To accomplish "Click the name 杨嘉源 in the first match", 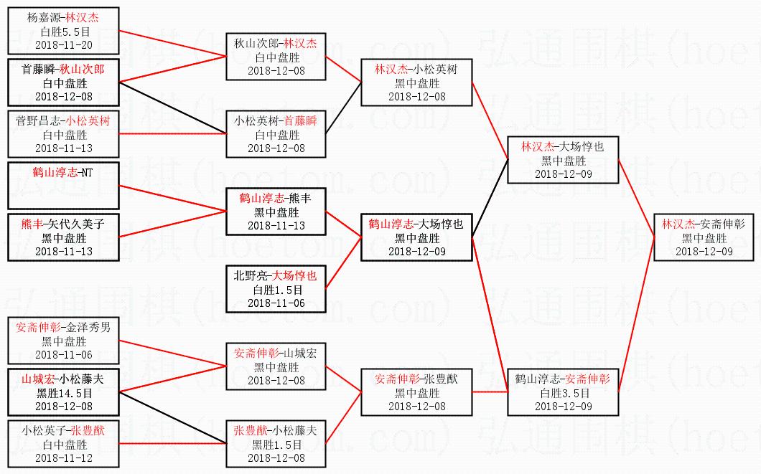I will (x=44, y=18).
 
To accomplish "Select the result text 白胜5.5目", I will (x=64, y=32).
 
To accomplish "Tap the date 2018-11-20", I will (x=64, y=44).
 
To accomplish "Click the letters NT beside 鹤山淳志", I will (x=86, y=172).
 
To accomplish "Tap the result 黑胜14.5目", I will (x=64, y=393).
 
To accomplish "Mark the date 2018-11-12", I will (x=64, y=458).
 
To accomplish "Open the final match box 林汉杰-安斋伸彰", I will (x=704, y=237).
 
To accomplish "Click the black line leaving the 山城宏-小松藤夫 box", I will (x=172, y=411).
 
